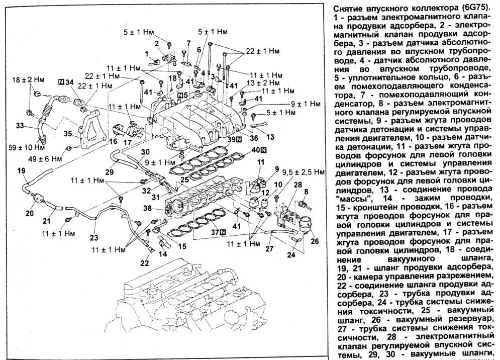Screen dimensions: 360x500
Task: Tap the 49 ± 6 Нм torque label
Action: click(x=51, y=158)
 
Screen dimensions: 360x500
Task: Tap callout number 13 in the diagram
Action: click(x=270, y=137)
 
